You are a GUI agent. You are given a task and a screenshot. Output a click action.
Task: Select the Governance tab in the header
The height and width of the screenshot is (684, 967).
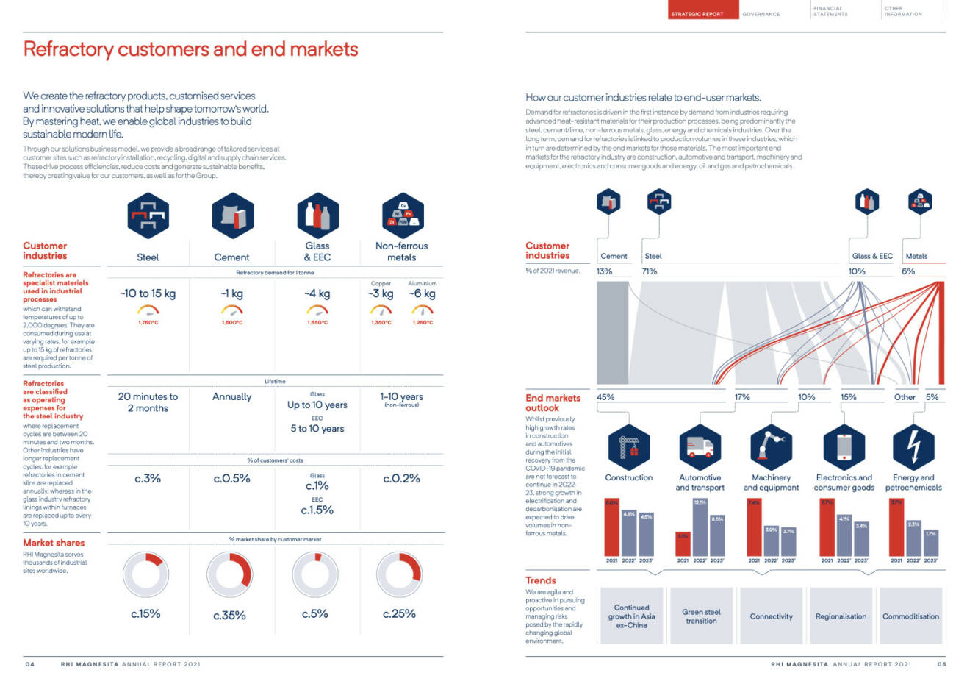[x=761, y=14]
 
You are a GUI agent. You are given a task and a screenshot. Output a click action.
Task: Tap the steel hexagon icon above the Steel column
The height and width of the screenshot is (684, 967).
[x=148, y=215]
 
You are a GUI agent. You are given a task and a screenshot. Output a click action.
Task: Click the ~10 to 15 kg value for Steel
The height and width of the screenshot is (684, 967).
[x=148, y=293]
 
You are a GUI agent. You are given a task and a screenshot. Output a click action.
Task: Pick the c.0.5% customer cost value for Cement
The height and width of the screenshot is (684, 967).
[x=232, y=479]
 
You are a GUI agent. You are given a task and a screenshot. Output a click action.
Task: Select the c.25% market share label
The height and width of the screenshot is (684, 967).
[x=399, y=613]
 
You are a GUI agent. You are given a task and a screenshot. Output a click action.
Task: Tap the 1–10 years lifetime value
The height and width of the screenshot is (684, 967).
[x=401, y=396]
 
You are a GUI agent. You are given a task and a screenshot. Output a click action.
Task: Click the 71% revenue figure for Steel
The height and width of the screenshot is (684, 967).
[x=650, y=271]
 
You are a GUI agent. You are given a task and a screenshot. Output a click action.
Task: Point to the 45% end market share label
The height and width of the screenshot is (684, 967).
[x=605, y=397]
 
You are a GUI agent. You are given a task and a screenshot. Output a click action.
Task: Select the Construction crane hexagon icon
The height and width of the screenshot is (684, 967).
[x=629, y=446]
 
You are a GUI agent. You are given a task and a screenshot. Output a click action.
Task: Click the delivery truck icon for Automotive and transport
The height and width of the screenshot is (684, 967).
[x=700, y=446]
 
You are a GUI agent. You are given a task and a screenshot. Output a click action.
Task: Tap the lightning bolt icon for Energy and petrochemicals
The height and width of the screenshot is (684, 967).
[x=913, y=446]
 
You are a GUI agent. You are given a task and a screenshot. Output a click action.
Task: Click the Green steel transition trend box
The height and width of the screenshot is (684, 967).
[x=701, y=616]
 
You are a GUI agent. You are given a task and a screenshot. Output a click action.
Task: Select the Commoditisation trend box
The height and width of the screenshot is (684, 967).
[x=910, y=616]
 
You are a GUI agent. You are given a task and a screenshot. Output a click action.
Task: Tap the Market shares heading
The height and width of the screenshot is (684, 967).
[x=54, y=543]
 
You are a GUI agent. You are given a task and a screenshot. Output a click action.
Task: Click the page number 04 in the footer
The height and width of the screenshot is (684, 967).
[x=30, y=664]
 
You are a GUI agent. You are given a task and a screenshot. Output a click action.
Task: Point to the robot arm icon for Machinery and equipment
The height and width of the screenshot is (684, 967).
[x=770, y=446]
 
